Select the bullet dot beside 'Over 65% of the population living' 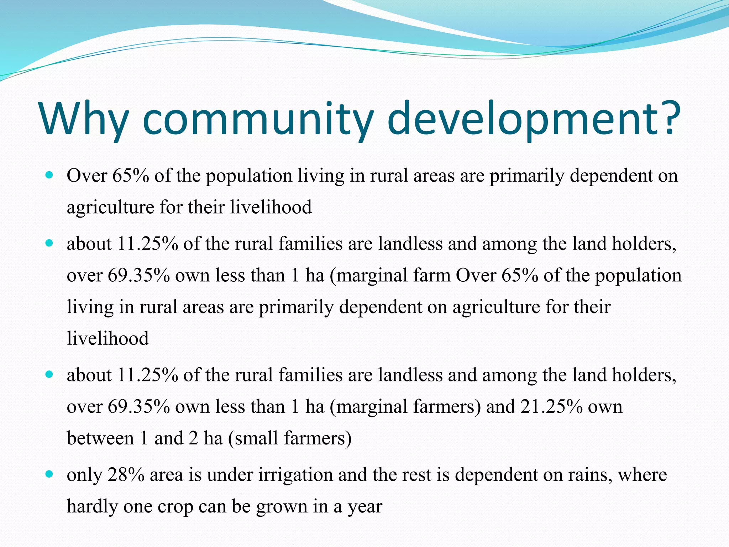(49, 176)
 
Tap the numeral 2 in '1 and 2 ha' (193, 438)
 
